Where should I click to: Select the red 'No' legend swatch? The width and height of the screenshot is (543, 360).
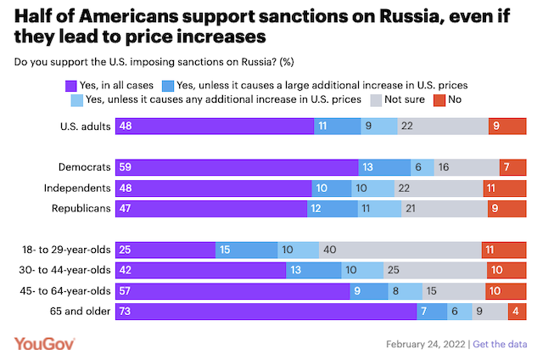[439, 99]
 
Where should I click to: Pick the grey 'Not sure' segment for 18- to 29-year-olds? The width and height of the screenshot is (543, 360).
[400, 250]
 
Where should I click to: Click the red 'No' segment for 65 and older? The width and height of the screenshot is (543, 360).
[518, 312]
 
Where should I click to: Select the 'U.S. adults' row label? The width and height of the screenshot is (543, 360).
[83, 127]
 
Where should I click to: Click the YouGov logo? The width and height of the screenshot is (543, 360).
[45, 343]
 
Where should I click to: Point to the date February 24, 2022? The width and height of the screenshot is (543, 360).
[425, 344]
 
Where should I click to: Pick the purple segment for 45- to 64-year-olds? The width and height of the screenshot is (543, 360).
[238, 291]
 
